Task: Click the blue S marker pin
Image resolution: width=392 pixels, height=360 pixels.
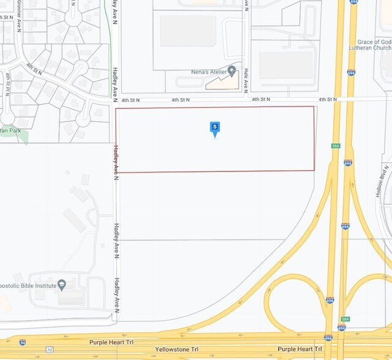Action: (215, 128)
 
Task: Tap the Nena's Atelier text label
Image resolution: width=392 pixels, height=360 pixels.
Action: (201, 72)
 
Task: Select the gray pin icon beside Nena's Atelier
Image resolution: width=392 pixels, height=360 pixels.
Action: (232, 71)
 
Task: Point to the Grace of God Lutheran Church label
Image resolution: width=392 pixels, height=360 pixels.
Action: (374, 44)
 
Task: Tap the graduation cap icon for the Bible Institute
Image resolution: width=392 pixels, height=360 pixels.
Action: (61, 285)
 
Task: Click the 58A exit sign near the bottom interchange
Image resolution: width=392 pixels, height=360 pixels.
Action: (345, 319)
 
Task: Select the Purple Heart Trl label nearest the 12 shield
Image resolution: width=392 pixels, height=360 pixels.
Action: (111, 342)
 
